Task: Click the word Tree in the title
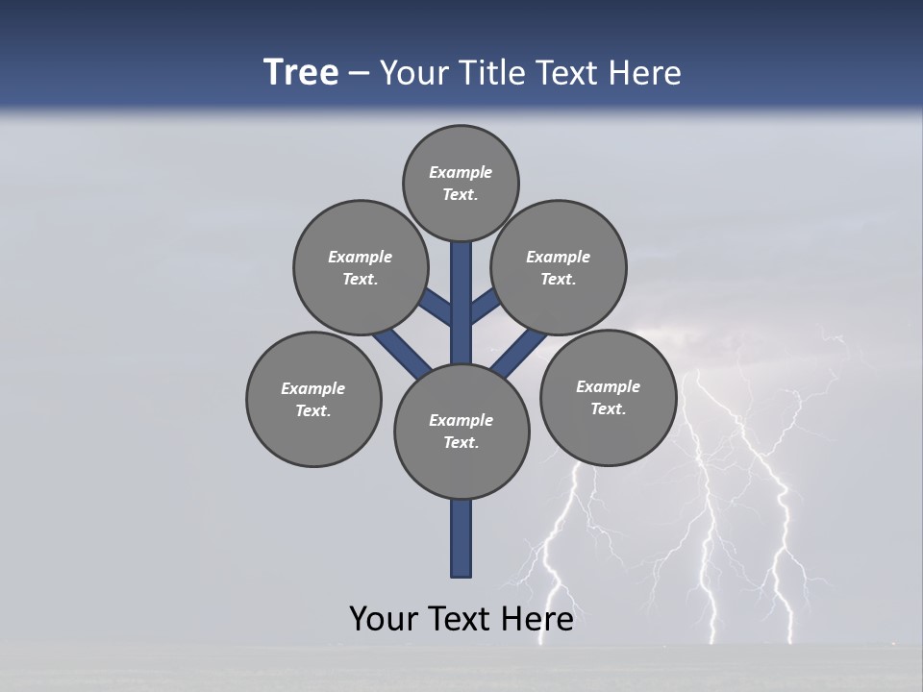301,72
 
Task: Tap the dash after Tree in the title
359,74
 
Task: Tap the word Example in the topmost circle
461,172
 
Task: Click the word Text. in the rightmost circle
608,408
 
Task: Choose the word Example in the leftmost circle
312,388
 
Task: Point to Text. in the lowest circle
461,442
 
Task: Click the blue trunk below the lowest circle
461,538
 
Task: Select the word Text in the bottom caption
461,619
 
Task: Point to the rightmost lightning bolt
784,538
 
